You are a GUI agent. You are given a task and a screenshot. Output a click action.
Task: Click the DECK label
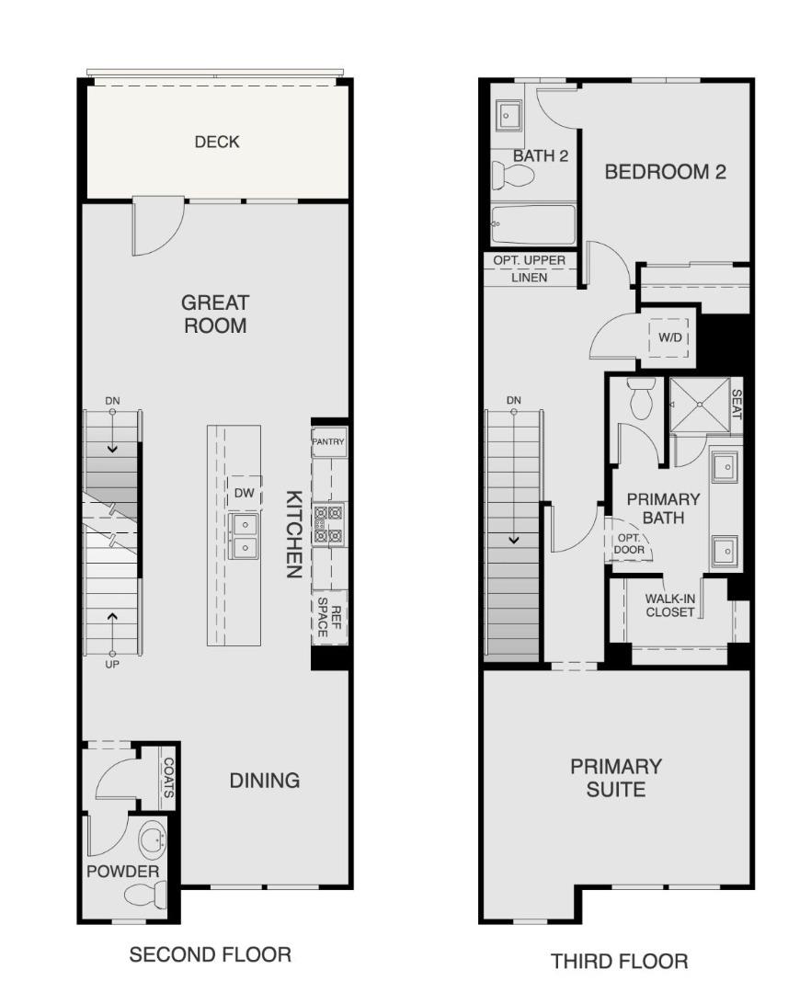pyautogui.click(x=217, y=142)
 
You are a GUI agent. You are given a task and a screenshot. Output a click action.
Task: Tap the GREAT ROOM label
pyautogui.click(x=215, y=314)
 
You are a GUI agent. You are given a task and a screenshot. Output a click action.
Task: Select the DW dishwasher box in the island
pyautogui.click(x=244, y=494)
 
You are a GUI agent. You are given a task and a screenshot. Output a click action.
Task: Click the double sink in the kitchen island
pyautogui.click(x=245, y=535)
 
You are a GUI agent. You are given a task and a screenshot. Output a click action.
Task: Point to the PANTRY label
pyautogui.click(x=328, y=442)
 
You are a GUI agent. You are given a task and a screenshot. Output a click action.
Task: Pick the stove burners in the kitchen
pyautogui.click(x=328, y=524)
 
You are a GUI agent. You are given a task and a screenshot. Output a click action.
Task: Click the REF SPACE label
pyautogui.click(x=329, y=616)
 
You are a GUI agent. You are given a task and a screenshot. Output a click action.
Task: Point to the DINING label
pyautogui.click(x=264, y=781)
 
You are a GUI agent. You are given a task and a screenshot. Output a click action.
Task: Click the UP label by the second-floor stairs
pyautogui.click(x=112, y=664)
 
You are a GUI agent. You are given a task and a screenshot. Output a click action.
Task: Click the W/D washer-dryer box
pyautogui.click(x=670, y=338)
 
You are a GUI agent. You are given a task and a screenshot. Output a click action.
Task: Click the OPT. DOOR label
pyautogui.click(x=630, y=544)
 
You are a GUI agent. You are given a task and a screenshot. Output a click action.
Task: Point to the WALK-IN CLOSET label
pyautogui.click(x=670, y=605)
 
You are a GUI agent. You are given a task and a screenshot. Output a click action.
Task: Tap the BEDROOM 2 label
pyautogui.click(x=665, y=172)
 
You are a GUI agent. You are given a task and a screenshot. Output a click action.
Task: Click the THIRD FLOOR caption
pyautogui.click(x=619, y=962)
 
